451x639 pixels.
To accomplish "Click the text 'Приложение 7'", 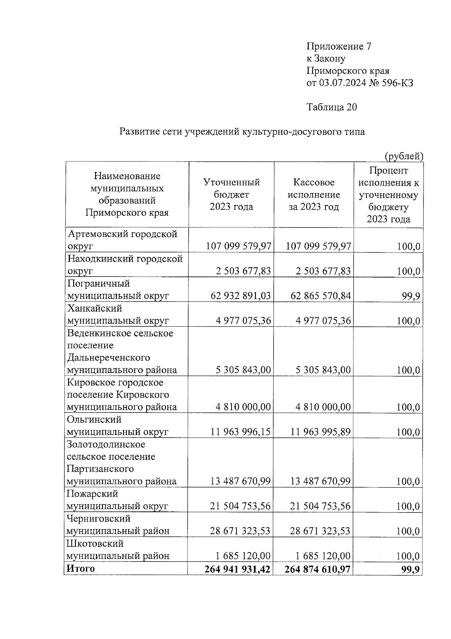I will coord(339,46).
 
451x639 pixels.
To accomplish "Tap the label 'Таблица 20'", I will coord(331,107).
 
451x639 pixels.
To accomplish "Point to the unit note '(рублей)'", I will coord(404,156).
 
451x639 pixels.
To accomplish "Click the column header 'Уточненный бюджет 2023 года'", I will coord(231,195).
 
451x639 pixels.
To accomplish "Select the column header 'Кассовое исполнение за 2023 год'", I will coord(313,195).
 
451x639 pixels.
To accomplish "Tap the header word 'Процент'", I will coord(388,171).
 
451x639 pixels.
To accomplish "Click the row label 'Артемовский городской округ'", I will coord(122,240).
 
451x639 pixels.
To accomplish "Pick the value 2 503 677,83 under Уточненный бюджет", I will coord(243,271).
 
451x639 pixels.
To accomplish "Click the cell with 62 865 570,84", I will coord(320,296).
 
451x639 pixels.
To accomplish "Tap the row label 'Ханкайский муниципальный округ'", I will coord(118,314).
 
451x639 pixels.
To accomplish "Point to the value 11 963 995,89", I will coord(320,432).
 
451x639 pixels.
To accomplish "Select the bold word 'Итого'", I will coord(80,568).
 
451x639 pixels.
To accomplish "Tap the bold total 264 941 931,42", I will coord(237,569).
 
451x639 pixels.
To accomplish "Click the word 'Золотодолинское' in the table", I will coord(106,444).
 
